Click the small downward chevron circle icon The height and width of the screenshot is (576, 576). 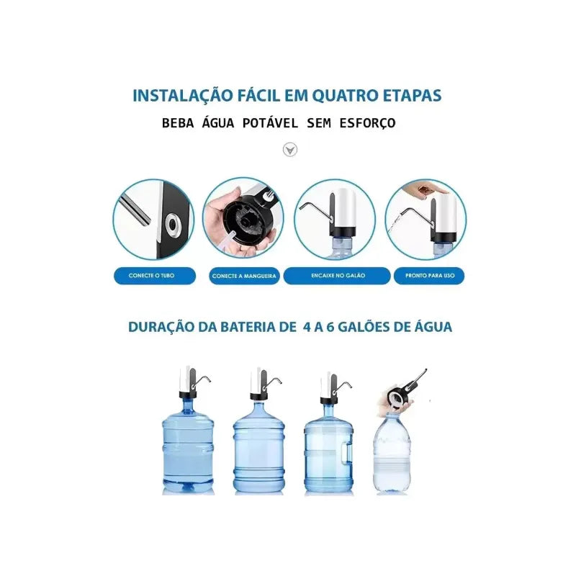(289, 150)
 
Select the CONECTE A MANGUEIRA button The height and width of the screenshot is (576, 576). (244, 276)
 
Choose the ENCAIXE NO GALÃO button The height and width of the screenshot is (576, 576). (336, 276)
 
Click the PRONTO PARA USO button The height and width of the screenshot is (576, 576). (430, 276)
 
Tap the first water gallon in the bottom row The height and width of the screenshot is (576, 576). (187, 450)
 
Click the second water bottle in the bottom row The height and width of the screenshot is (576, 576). (258, 450)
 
